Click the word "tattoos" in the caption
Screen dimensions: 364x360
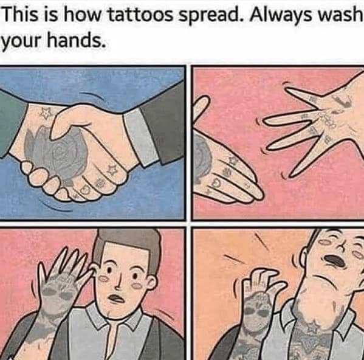click(x=142, y=15)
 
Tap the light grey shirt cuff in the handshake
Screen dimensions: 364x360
click(x=140, y=137)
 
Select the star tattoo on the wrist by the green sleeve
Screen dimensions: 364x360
click(x=45, y=113)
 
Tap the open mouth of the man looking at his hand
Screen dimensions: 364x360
click(x=117, y=298)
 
